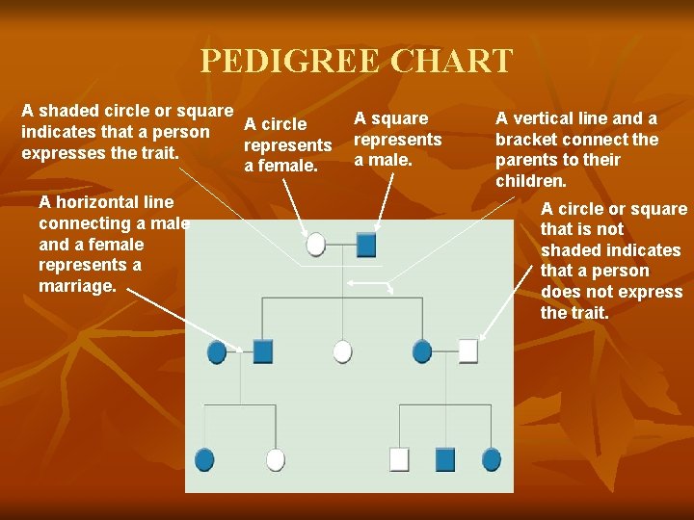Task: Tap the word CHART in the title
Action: tap(452, 62)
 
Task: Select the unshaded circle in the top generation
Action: tap(316, 245)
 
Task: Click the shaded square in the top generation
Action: tap(365, 245)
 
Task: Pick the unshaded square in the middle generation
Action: tap(467, 351)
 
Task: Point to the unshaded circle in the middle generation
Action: tap(342, 351)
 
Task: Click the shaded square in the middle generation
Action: tap(263, 351)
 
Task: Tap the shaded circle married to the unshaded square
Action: tap(422, 351)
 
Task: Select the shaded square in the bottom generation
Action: tap(444, 459)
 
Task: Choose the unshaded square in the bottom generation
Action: tap(399, 459)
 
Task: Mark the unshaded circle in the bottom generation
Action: tap(276, 459)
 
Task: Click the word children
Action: tap(530, 182)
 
